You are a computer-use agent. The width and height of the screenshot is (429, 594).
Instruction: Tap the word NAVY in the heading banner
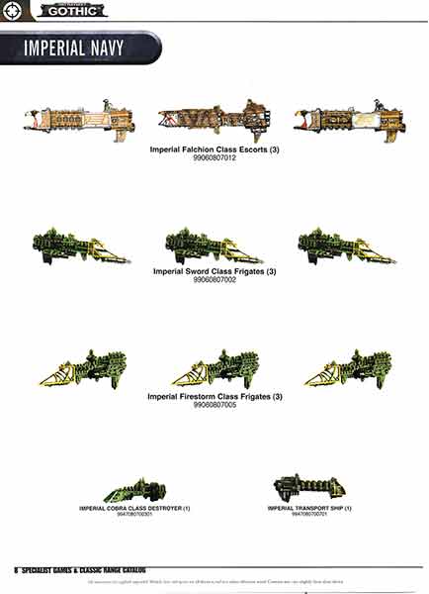(122, 48)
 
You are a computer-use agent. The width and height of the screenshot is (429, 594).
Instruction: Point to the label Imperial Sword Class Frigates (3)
(214, 271)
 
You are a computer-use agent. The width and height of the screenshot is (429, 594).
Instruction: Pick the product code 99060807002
(214, 280)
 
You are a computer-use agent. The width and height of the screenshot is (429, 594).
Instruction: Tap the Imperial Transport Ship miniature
(308, 486)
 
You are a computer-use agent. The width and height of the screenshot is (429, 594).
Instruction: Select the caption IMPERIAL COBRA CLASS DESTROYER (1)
(134, 508)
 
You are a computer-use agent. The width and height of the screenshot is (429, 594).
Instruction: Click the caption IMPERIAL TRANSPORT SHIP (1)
(308, 508)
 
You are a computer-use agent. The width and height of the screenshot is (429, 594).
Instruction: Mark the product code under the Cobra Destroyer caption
(134, 514)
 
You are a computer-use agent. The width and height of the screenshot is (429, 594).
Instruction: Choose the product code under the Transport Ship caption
(308, 514)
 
